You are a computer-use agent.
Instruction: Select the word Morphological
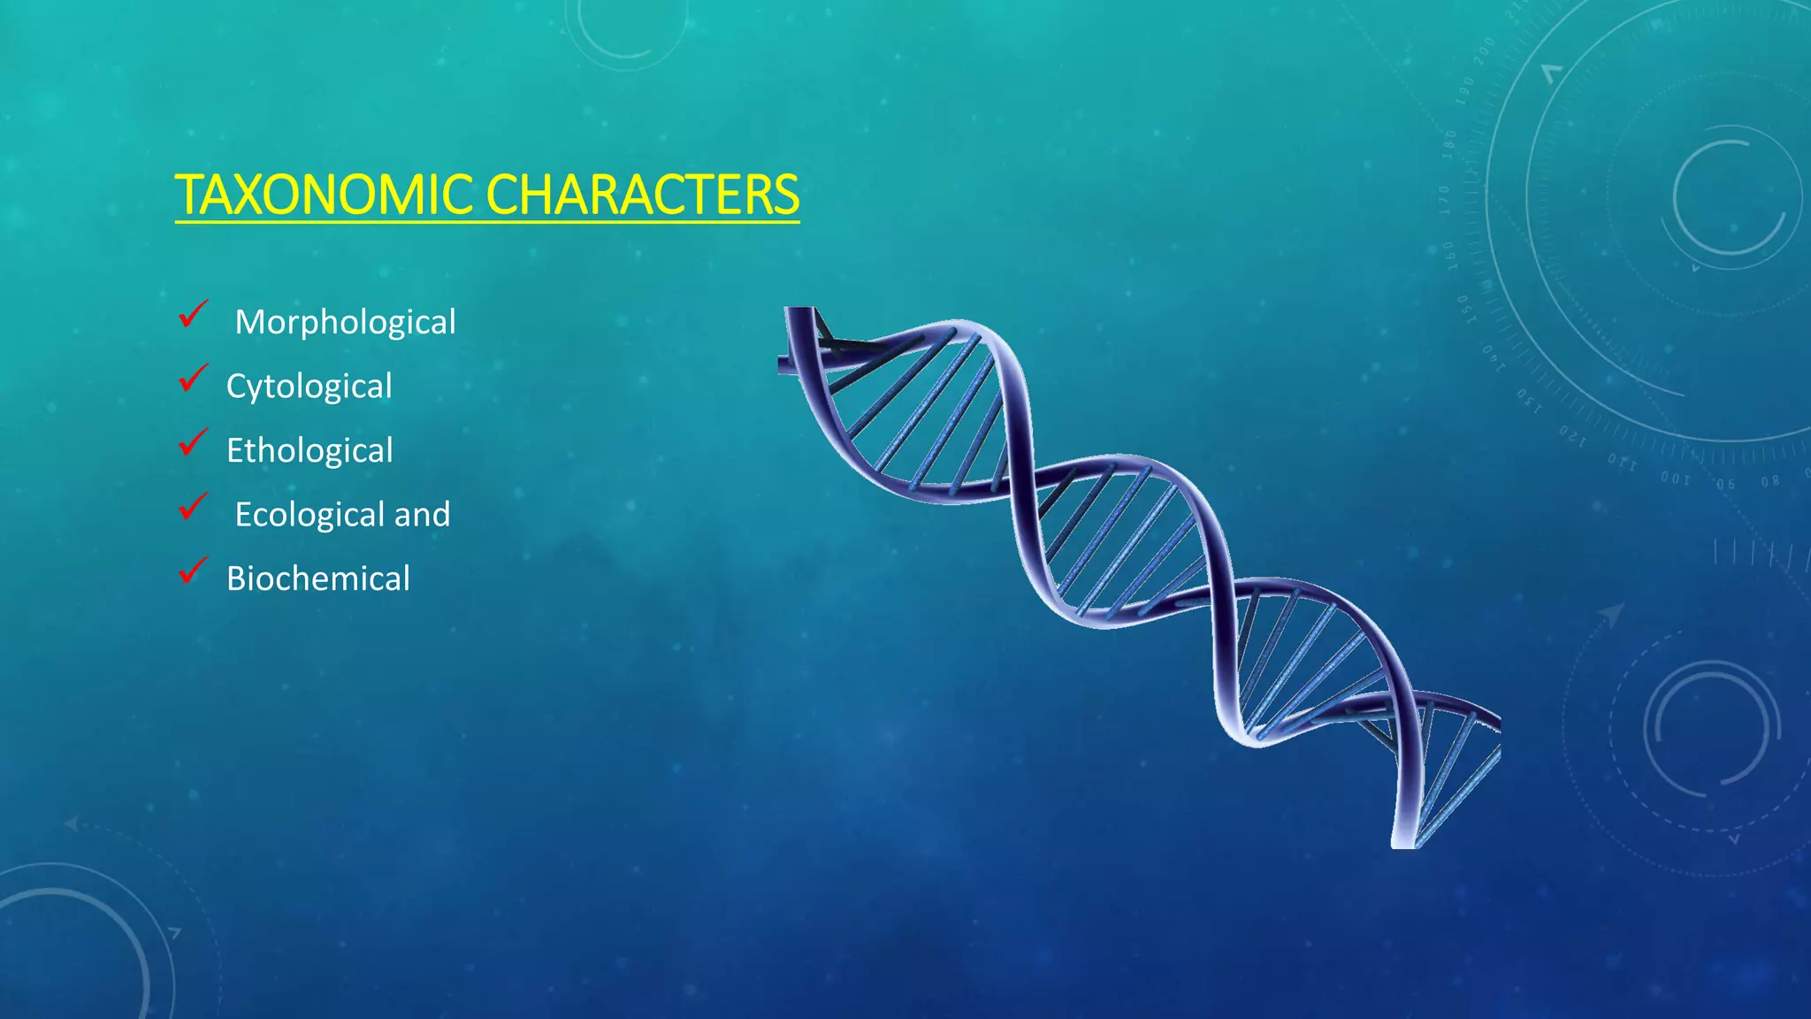click(345, 322)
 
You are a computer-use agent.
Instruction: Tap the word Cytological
click(309, 387)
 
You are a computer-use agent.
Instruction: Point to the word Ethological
click(309, 451)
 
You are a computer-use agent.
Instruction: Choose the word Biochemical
click(317, 579)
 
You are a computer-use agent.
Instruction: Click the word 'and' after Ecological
click(422, 515)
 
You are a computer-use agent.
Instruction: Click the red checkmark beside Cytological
click(192, 378)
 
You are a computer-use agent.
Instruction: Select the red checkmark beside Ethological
click(192, 441)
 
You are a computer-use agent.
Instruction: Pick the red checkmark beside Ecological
click(192, 506)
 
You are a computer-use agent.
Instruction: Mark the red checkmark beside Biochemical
click(192, 571)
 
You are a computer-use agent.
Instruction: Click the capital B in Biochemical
click(236, 579)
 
